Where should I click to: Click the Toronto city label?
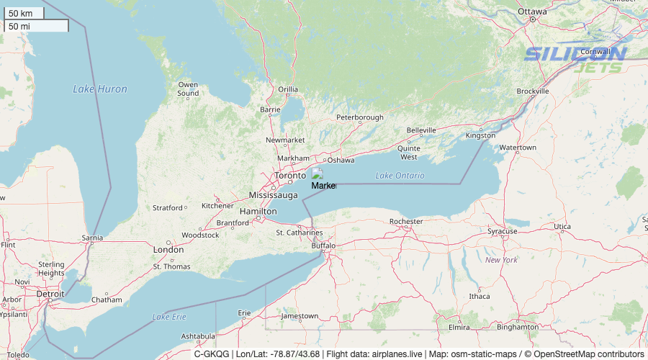point(290,176)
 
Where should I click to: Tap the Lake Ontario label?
point(400,176)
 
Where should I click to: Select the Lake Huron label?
point(99,89)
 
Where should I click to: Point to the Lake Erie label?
point(169,317)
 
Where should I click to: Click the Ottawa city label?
point(532,12)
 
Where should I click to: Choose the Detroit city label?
point(50,294)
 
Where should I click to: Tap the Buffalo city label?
point(323,246)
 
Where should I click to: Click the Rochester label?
point(406,221)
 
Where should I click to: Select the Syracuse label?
point(502,231)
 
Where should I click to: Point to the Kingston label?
point(480,135)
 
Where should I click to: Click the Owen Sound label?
point(188,89)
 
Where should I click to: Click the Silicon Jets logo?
point(576,60)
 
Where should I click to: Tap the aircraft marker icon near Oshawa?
point(317,174)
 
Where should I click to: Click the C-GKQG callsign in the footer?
point(211,354)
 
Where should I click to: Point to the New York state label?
point(501,259)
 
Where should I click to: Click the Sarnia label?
point(92,237)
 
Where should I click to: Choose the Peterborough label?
point(359,117)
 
